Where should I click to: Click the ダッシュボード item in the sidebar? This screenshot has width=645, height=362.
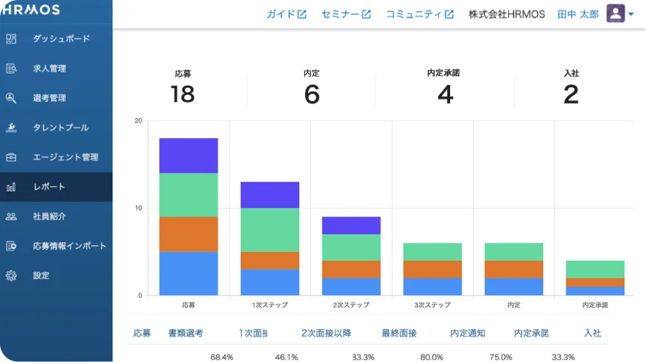[x=60, y=38]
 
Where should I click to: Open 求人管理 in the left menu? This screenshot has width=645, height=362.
[x=49, y=69]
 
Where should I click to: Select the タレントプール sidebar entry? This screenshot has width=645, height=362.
[x=60, y=127]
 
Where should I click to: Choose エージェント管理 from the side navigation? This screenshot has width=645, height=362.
[x=65, y=157]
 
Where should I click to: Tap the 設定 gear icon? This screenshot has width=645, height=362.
[x=11, y=275]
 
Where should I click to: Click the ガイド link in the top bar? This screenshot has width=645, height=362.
[x=286, y=14]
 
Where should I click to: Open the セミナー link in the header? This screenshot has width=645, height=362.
[x=346, y=14]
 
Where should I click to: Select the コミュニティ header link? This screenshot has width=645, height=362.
[x=419, y=14]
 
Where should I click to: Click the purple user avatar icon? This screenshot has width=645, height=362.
[x=616, y=14]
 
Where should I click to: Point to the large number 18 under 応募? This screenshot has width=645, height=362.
[x=183, y=94]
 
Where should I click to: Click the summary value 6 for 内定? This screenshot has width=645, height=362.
[x=312, y=94]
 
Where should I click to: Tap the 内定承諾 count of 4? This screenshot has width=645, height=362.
[x=445, y=94]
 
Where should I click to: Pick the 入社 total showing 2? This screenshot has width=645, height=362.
[x=571, y=94]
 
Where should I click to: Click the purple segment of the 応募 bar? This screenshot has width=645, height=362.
[x=188, y=155]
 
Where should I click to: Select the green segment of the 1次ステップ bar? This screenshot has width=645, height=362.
[x=270, y=229]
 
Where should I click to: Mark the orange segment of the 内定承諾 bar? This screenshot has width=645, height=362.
[x=595, y=282]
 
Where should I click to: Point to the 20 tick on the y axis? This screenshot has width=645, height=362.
[x=138, y=121]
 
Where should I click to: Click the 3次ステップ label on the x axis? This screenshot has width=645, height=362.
[x=432, y=305]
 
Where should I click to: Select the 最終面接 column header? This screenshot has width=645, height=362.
[x=398, y=333]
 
